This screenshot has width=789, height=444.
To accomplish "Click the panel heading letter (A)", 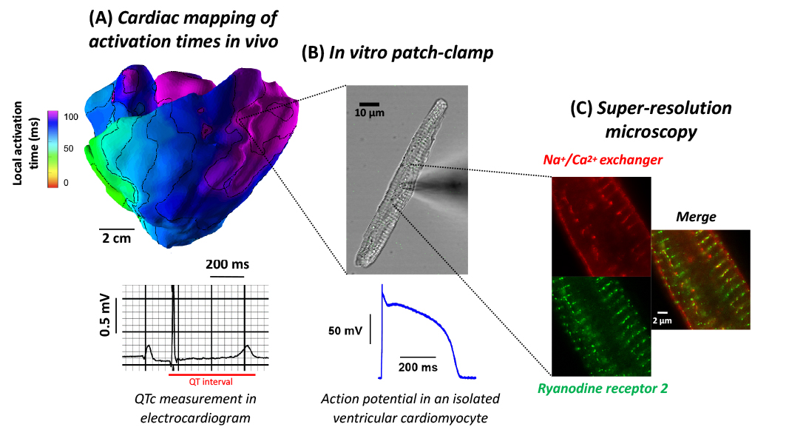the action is (x=101, y=18).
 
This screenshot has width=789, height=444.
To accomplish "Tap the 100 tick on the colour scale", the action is (x=71, y=117).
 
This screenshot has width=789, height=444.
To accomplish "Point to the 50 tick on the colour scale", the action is (x=69, y=149).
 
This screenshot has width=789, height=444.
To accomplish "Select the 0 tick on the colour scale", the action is (x=66, y=183).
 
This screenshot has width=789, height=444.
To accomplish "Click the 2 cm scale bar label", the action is (x=116, y=238).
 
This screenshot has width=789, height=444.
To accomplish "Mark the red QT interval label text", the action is (x=211, y=382).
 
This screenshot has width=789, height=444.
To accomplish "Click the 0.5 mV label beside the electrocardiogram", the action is (x=105, y=314).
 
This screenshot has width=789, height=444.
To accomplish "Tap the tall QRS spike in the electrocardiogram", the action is (x=173, y=322).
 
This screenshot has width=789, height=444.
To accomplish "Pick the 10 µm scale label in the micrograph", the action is (x=369, y=112).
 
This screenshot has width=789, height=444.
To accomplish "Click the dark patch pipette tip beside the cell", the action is (x=453, y=186).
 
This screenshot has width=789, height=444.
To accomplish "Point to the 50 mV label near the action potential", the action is (x=345, y=331).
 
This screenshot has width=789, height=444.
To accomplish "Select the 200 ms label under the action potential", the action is (x=418, y=368).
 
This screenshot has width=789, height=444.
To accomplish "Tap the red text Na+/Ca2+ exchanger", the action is (x=603, y=160).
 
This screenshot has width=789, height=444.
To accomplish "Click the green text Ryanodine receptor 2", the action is (x=603, y=388).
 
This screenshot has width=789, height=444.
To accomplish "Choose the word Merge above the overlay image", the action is (x=696, y=217).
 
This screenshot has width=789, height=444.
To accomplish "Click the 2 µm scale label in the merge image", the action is (x=663, y=320).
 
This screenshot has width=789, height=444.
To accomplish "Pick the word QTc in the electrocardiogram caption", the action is (x=146, y=399).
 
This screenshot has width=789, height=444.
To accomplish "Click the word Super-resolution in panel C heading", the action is (x=664, y=108).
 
